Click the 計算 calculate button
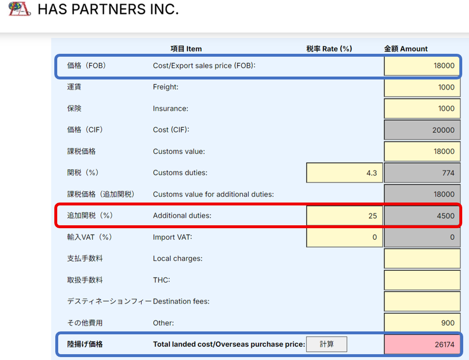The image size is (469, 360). click(x=327, y=344)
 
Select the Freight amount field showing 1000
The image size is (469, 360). click(x=422, y=87)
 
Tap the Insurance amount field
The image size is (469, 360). click(x=422, y=109)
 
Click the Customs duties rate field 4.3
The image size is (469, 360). click(x=345, y=173)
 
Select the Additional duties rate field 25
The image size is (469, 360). click(x=345, y=216)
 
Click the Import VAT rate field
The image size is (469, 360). click(x=345, y=237)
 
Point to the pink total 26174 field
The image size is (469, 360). click(x=422, y=344)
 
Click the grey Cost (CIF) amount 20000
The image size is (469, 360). click(x=422, y=130)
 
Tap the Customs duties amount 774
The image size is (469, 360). click(x=422, y=173)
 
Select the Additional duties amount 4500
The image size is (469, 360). click(x=422, y=216)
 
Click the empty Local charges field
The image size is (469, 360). click(x=422, y=258)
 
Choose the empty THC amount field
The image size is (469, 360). click(x=422, y=280)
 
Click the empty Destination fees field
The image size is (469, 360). click(x=422, y=301)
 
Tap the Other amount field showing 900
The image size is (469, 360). click(x=422, y=323)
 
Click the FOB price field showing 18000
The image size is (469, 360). click(x=422, y=66)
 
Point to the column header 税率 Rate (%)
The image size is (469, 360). click(x=329, y=48)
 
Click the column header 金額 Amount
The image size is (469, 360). click(x=406, y=48)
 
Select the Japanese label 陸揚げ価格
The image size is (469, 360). click(x=85, y=344)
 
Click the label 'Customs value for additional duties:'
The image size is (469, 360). click(x=213, y=194)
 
